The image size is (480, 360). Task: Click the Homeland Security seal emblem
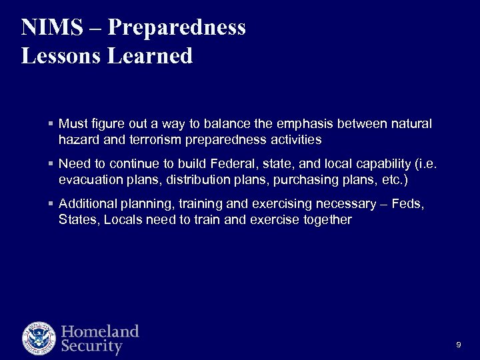pyautogui.click(x=39, y=338)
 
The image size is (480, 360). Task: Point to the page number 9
pyautogui.click(x=458, y=344)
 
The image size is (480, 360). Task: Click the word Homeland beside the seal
pyautogui.click(x=100, y=331)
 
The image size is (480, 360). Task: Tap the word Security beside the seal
pyautogui.click(x=92, y=347)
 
